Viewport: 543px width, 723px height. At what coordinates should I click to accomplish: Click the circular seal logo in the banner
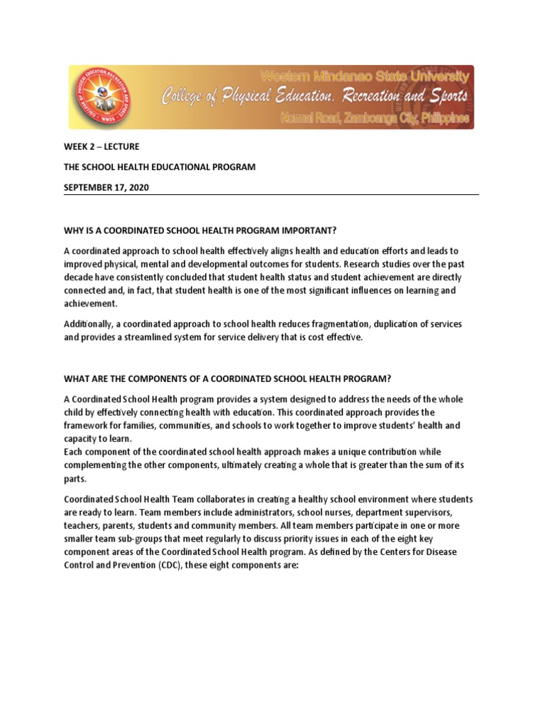(100, 97)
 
